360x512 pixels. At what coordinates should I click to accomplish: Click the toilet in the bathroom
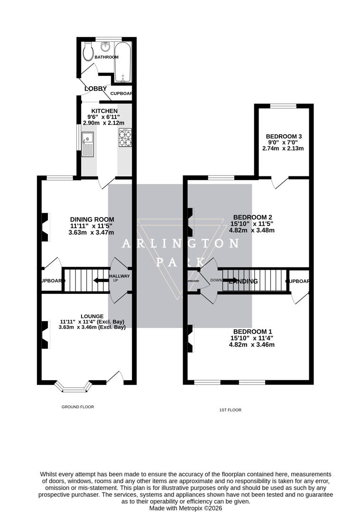pos(87,52)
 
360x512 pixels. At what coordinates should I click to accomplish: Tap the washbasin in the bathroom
pos(106,46)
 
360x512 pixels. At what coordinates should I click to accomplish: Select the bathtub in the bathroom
pos(123,61)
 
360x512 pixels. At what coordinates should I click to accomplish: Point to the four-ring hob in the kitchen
pos(125,137)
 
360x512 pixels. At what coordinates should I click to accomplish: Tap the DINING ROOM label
pos(92,219)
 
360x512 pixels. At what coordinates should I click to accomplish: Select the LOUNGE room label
pos(92,316)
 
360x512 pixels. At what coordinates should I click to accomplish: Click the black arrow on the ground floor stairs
pos(101,280)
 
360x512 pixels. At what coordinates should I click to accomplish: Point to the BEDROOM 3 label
pos(284,137)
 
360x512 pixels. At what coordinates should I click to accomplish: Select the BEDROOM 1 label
pos(251,331)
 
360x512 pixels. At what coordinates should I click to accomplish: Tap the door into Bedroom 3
pos(280,183)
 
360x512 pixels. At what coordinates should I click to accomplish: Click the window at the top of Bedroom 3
pos(283,105)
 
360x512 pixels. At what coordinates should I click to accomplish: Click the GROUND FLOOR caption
pos(78,407)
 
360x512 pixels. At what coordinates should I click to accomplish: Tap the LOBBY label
pos(95,89)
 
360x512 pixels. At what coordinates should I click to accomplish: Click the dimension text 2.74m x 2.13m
pos(283,148)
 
